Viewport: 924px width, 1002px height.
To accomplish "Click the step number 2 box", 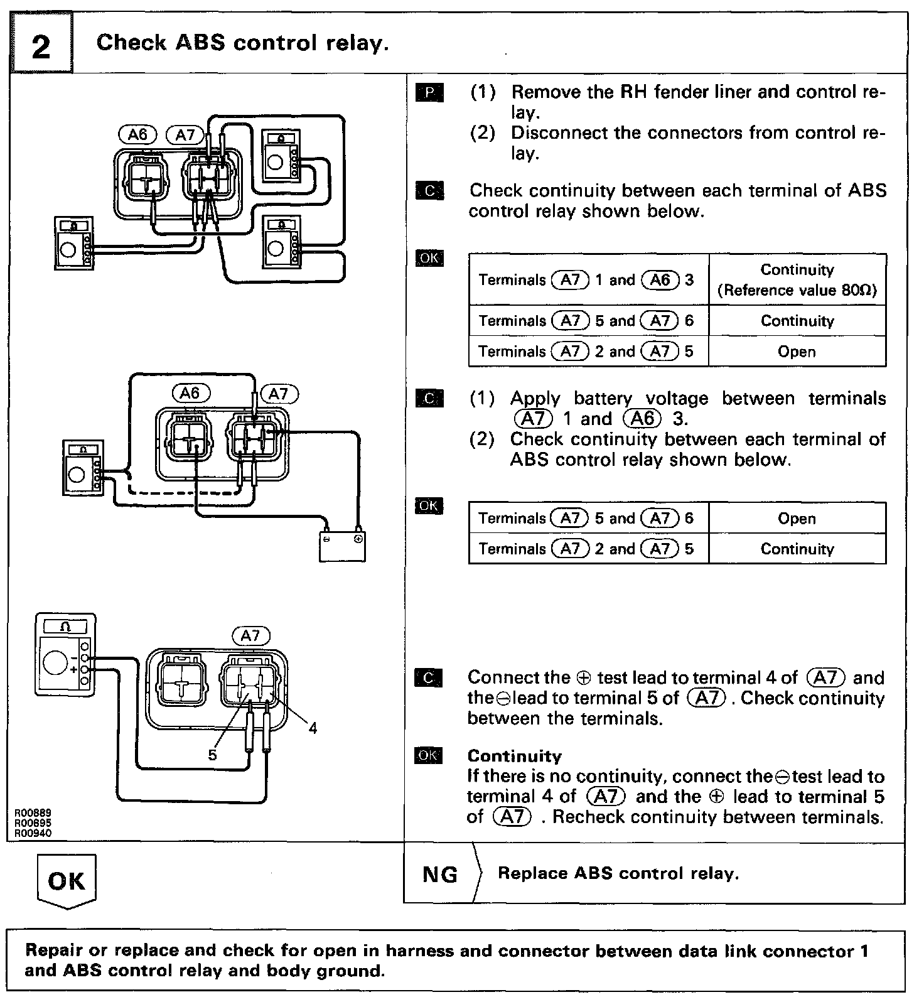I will tap(41, 46).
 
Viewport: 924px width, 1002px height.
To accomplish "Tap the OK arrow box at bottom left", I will tap(66, 881).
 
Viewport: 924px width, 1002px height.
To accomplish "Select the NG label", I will tap(440, 874).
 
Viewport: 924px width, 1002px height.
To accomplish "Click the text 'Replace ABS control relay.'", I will tap(618, 873).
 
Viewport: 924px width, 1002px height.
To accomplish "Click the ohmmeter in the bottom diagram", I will tap(66, 655).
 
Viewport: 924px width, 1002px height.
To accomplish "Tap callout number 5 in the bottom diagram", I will tap(212, 755).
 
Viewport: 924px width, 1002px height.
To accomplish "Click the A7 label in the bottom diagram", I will tap(250, 636).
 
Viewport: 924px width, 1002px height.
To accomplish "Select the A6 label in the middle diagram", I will tap(190, 393).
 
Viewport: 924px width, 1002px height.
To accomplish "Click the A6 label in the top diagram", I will tap(137, 134).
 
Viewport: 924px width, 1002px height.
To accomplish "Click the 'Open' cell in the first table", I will tap(797, 352).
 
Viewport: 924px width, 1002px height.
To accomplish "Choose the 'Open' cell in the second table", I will tap(797, 519).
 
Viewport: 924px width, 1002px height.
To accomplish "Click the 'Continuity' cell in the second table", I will tap(797, 549).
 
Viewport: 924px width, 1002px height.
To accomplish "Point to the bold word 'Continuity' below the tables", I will tap(514, 756).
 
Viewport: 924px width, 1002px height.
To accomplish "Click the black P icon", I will tap(429, 94).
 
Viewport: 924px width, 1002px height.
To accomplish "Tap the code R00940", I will tap(33, 833).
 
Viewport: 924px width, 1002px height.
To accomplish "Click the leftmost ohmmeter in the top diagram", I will tap(74, 244).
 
